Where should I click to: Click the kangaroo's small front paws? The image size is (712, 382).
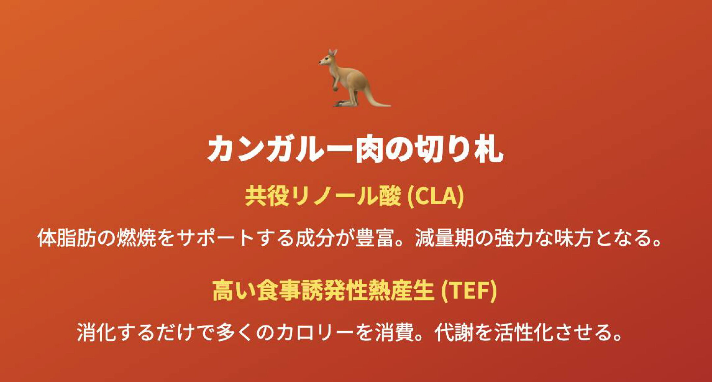tap(335, 86)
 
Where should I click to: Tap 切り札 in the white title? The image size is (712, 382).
tap(460, 149)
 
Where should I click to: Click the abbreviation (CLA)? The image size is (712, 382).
tap(436, 196)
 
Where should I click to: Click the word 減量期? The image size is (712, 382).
tap(445, 238)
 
